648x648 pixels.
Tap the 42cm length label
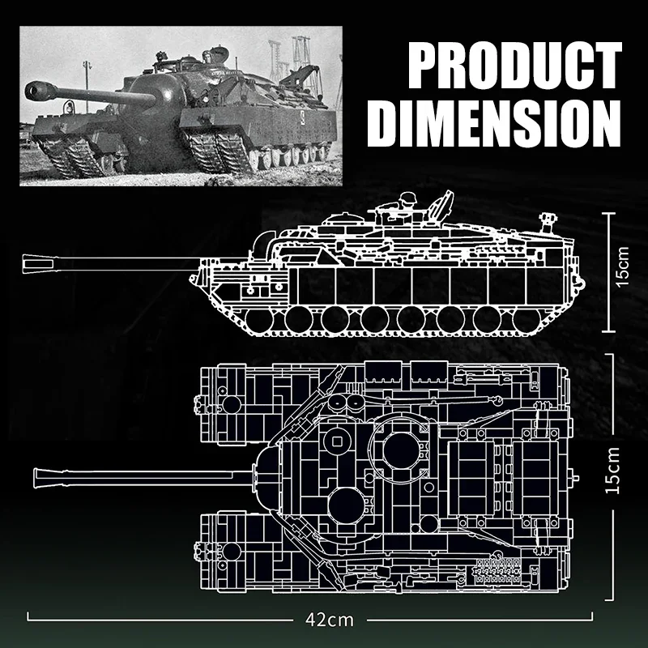pyautogui.click(x=330, y=620)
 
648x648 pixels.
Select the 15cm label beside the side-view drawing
pyautogui.click(x=621, y=266)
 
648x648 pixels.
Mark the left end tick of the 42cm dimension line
pyautogui.click(x=29, y=620)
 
